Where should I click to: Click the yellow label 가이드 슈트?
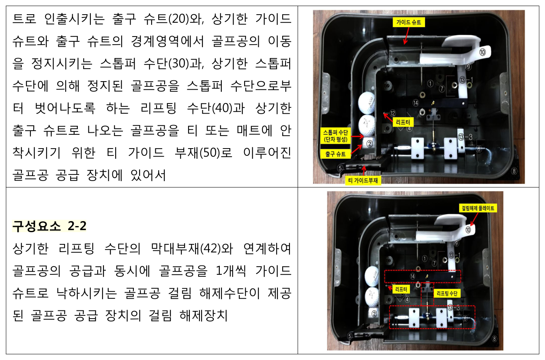(409, 22)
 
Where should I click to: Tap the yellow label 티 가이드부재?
(363, 181)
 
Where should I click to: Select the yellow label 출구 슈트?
(335, 154)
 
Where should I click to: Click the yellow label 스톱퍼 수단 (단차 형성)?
(335, 136)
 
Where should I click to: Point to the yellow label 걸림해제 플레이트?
(478, 208)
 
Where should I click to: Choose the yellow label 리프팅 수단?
(447, 293)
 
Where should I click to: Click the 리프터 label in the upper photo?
(403, 122)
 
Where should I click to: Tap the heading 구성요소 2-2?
(49, 226)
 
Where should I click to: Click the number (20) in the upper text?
(180, 19)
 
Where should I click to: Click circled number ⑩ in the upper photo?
(483, 52)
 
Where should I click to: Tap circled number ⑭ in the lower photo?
(412, 276)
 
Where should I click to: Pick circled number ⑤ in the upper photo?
(340, 168)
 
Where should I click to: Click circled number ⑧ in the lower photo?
(494, 339)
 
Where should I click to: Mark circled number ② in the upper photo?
(369, 144)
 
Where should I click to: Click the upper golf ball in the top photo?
(367, 103)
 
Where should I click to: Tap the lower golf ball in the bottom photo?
(372, 297)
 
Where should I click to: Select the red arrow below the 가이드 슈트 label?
(406, 36)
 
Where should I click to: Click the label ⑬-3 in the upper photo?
(465, 137)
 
